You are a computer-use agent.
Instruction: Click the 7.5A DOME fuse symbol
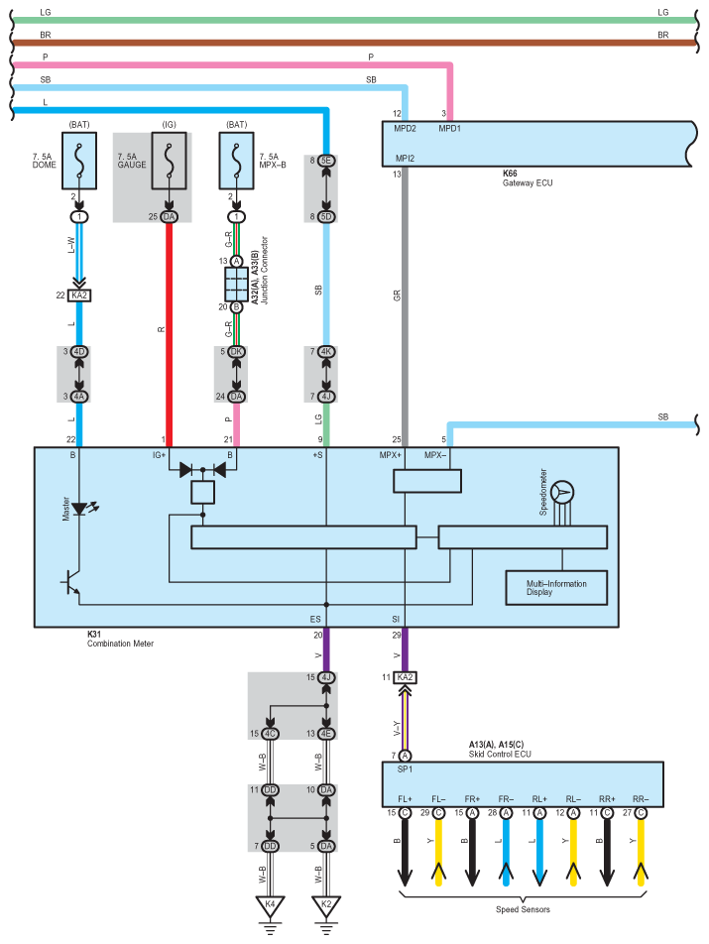coord(79,161)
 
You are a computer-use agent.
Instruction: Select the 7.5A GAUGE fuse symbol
coord(169,161)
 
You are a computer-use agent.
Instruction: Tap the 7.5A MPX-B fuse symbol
coord(236,161)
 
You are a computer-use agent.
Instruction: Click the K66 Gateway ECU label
coord(528,178)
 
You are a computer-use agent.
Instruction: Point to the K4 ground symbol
coord(271,907)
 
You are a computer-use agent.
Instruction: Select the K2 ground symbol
coord(326,907)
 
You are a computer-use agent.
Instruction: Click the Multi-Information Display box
coord(556,588)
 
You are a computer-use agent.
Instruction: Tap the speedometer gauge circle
coord(562,493)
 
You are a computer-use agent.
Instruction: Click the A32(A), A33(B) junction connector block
coord(236,285)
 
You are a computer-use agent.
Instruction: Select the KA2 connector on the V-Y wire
coord(405,677)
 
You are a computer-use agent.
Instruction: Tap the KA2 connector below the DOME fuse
coord(79,295)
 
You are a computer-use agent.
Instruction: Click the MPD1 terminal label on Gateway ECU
coord(449,128)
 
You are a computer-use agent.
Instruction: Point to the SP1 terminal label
coord(405,769)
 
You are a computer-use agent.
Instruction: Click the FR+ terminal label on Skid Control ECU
coord(472,799)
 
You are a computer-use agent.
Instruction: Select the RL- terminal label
coord(573,799)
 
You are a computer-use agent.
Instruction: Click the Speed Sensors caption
coord(523,909)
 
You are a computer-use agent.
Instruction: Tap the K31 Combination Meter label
coord(120,639)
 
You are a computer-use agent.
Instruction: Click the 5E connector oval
coord(326,161)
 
